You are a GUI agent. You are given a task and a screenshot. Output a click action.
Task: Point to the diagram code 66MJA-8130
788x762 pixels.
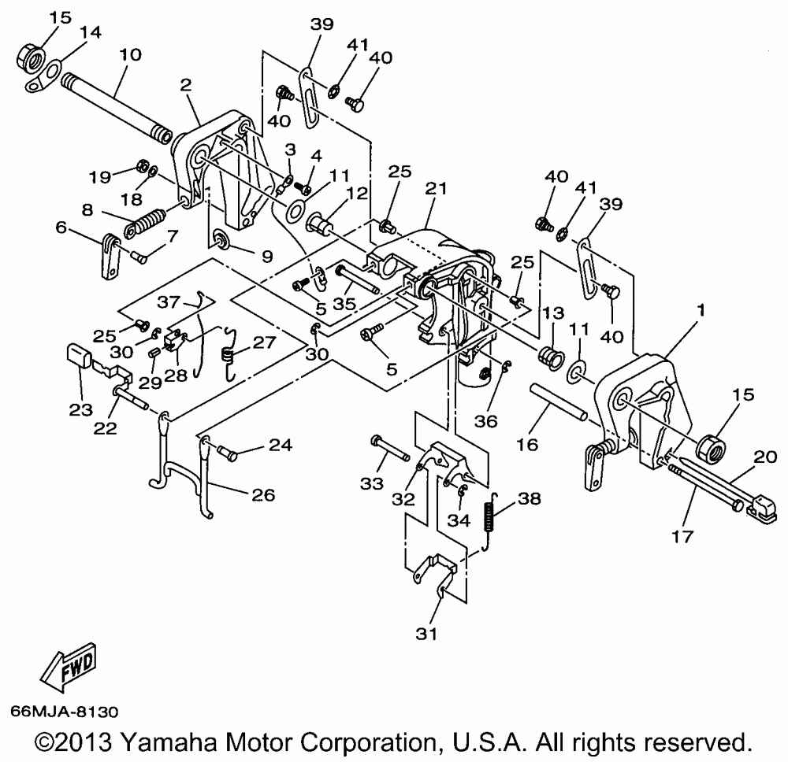click(64, 712)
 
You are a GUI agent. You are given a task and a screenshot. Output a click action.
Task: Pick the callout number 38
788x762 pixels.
click(530, 498)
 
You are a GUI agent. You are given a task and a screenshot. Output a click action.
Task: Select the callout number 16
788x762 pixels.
click(527, 446)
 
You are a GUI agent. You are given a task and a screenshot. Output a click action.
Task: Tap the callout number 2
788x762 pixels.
click(186, 83)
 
